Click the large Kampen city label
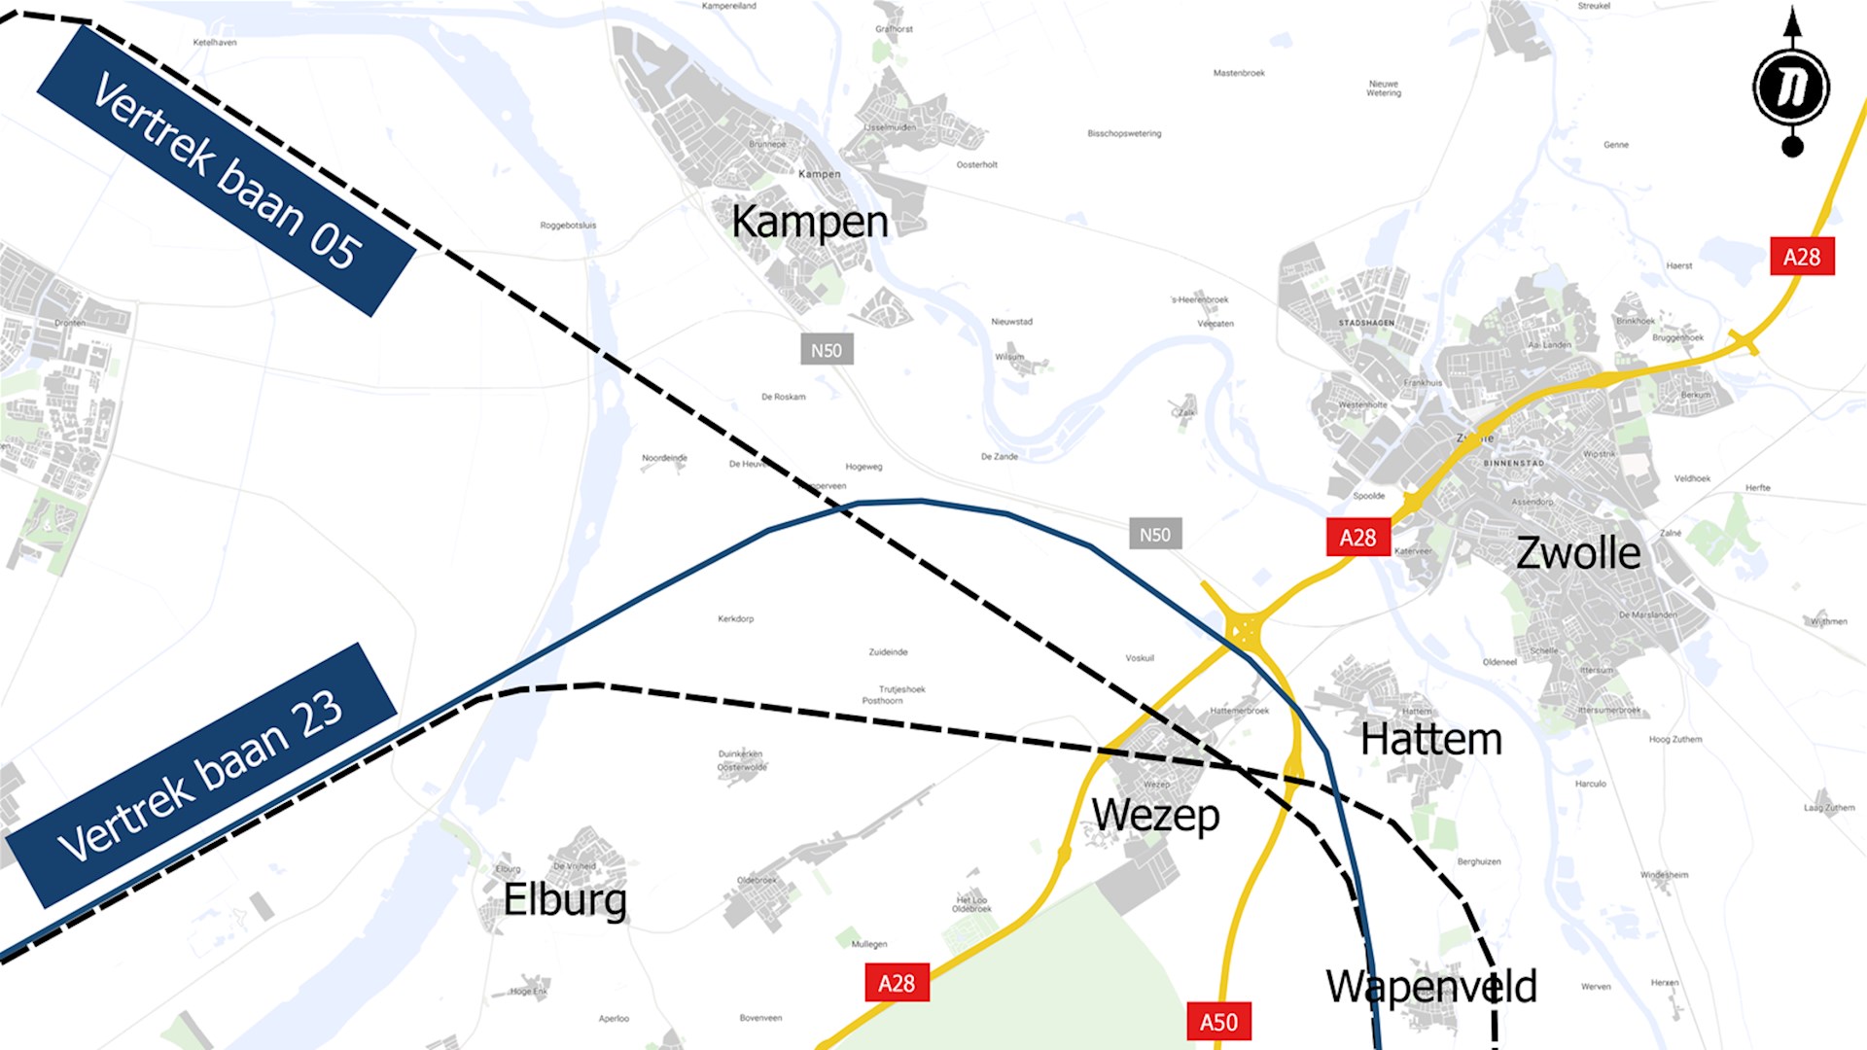tap(809, 222)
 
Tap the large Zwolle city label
tap(1577, 553)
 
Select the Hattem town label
tap(1430, 740)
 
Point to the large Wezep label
tap(1155, 815)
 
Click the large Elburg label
tap(564, 899)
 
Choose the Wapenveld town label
tap(1430, 987)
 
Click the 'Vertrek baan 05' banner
tap(227, 170)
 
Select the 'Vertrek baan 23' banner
tap(201, 775)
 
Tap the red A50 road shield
tap(1218, 1022)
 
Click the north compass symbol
tap(1791, 86)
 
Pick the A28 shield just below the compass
tap(1802, 257)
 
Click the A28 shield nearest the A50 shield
tap(897, 983)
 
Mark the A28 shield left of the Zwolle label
tap(1357, 538)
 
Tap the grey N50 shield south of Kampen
tap(827, 350)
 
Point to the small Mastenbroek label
tap(1239, 73)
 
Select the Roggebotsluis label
tap(568, 226)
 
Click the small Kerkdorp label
tap(735, 618)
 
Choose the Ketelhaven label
tap(215, 43)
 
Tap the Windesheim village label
tap(1664, 875)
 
